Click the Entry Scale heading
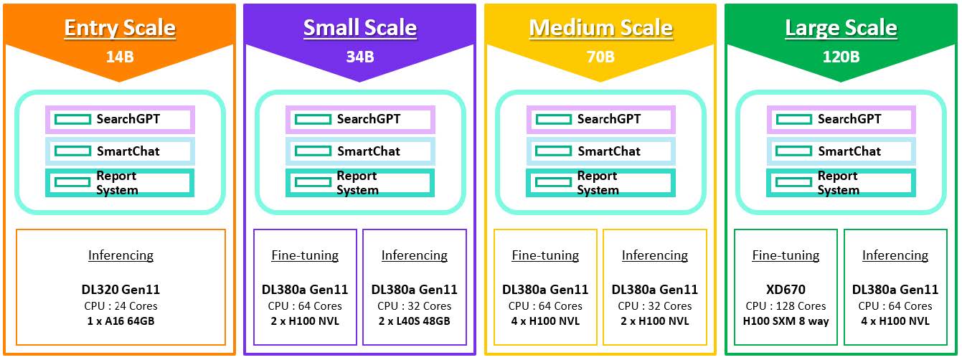(120, 28)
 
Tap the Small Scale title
(360, 28)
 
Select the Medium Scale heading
(601, 28)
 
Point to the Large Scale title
(841, 28)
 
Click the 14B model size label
(120, 57)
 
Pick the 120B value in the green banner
(841, 57)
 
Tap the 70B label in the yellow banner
(601, 57)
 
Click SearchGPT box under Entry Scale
(120, 119)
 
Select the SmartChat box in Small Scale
(360, 151)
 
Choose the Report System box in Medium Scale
(600, 183)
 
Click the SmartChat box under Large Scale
(841, 151)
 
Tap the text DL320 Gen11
(121, 290)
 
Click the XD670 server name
(786, 290)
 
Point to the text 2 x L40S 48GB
(415, 321)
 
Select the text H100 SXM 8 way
(786, 321)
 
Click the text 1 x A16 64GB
(121, 321)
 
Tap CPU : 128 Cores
(786, 306)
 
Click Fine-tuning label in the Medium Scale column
(545, 255)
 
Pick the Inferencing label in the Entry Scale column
(121, 255)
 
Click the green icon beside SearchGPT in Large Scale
(793, 119)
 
